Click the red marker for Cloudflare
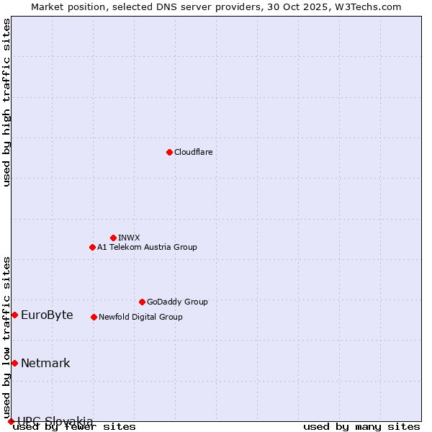click(x=169, y=152)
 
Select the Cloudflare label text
click(x=193, y=152)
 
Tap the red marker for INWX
click(x=113, y=238)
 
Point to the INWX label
click(x=129, y=238)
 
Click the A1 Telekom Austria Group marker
click(x=92, y=247)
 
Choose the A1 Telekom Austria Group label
click(x=147, y=247)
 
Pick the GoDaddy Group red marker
click(x=142, y=302)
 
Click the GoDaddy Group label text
click(x=176, y=302)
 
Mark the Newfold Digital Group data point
click(x=94, y=317)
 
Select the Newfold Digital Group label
click(x=140, y=317)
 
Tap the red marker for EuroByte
click(x=14, y=315)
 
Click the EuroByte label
click(x=47, y=315)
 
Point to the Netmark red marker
click(x=14, y=363)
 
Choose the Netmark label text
click(x=45, y=363)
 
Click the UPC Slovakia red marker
click(x=11, y=421)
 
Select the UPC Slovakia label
click(x=55, y=420)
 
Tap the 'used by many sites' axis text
click(x=361, y=426)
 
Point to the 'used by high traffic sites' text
click(x=6, y=102)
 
